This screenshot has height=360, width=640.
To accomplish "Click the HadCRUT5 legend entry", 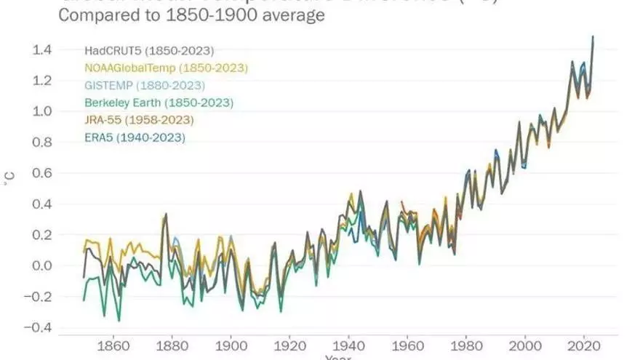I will point(148,51).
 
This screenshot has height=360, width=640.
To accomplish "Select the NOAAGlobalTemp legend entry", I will point(167,68).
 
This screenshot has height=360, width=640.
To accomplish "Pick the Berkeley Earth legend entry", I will point(159,103).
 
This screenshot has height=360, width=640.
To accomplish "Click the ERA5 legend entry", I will point(135,137).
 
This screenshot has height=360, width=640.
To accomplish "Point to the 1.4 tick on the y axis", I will point(41,50).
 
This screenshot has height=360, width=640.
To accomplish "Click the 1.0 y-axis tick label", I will point(41,112).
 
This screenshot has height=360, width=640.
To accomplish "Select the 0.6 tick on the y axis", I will point(41,174).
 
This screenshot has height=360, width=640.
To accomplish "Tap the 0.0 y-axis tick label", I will point(41,265).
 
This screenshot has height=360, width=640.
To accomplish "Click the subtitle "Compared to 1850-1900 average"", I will point(190,16).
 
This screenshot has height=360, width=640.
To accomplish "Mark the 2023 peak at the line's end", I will point(593,36).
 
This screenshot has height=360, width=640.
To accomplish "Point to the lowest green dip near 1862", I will point(119,321).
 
